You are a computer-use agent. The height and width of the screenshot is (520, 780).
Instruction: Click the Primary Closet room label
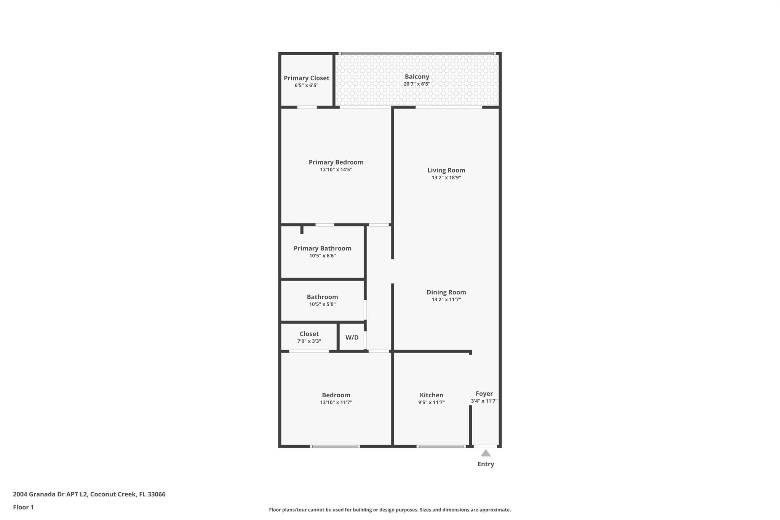(306, 78)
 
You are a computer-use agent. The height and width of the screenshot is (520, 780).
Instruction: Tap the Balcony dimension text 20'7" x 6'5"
(417, 84)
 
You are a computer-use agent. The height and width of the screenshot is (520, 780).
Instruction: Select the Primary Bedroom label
(336, 162)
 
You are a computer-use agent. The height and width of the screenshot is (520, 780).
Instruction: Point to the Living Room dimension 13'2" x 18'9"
(446, 178)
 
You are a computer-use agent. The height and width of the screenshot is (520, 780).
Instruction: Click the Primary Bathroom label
(323, 248)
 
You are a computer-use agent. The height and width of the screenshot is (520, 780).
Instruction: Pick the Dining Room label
(446, 292)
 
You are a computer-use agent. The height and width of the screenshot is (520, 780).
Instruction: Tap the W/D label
(352, 338)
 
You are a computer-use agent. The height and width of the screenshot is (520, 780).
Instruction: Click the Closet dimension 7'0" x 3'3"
(309, 341)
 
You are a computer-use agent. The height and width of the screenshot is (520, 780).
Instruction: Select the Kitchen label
(432, 395)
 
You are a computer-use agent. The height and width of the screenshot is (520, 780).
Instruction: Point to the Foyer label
(484, 394)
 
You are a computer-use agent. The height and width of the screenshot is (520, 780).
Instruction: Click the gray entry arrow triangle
(486, 453)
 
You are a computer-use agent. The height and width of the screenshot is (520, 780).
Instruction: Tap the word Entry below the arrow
(486, 464)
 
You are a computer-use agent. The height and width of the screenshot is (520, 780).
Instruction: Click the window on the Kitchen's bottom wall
(441, 446)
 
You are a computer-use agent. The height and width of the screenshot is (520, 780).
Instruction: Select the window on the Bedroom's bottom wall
(335, 446)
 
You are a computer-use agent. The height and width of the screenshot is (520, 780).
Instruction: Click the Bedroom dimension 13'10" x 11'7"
(336, 402)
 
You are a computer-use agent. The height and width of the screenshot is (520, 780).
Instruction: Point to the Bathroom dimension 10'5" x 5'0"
(323, 304)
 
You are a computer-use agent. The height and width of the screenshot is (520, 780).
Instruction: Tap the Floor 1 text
(23, 507)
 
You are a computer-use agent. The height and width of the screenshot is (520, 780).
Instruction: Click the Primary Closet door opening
(307, 107)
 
